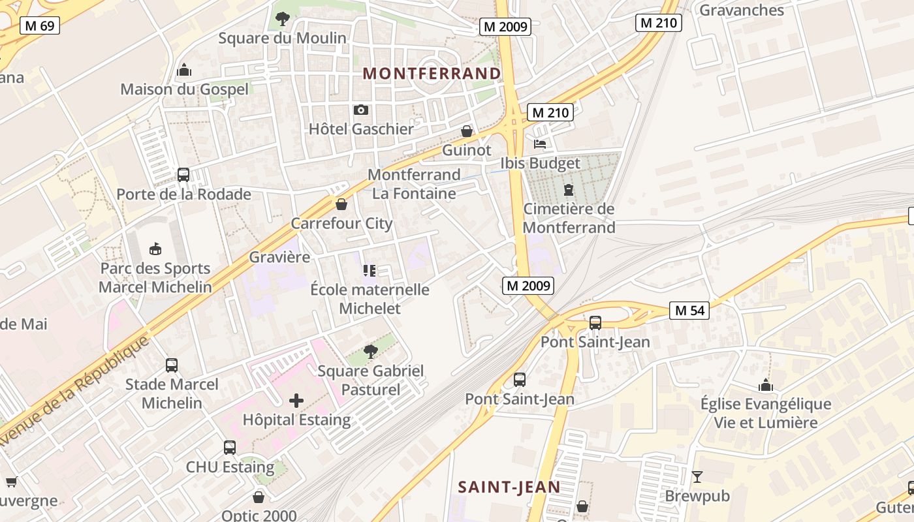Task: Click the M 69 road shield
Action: pyautogui.click(x=40, y=26)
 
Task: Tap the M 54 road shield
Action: pyautogui.click(x=689, y=311)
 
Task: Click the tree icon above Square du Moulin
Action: pyautogui.click(x=282, y=19)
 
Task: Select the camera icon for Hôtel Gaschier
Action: pyautogui.click(x=361, y=110)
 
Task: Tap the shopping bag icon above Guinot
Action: pyautogui.click(x=467, y=131)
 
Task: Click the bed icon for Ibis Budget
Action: pyautogui.click(x=540, y=144)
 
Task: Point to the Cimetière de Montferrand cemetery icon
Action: pyautogui.click(x=569, y=190)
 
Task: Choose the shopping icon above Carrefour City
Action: pyautogui.click(x=341, y=204)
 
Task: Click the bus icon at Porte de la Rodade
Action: pyautogui.click(x=183, y=175)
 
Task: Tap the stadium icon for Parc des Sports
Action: pyautogui.click(x=155, y=249)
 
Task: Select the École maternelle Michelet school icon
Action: pyautogui.click(x=370, y=270)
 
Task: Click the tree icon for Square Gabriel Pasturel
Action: pyautogui.click(x=370, y=352)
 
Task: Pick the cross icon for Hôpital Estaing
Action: pyautogui.click(x=296, y=400)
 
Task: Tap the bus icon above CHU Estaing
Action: pyautogui.click(x=230, y=448)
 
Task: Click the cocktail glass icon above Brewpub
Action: pyautogui.click(x=697, y=477)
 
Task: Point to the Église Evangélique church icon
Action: pyautogui.click(x=766, y=385)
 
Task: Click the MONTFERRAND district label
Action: pyautogui.click(x=432, y=74)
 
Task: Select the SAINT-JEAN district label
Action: pyautogui.click(x=509, y=487)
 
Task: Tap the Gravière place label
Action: pyautogui.click(x=279, y=257)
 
